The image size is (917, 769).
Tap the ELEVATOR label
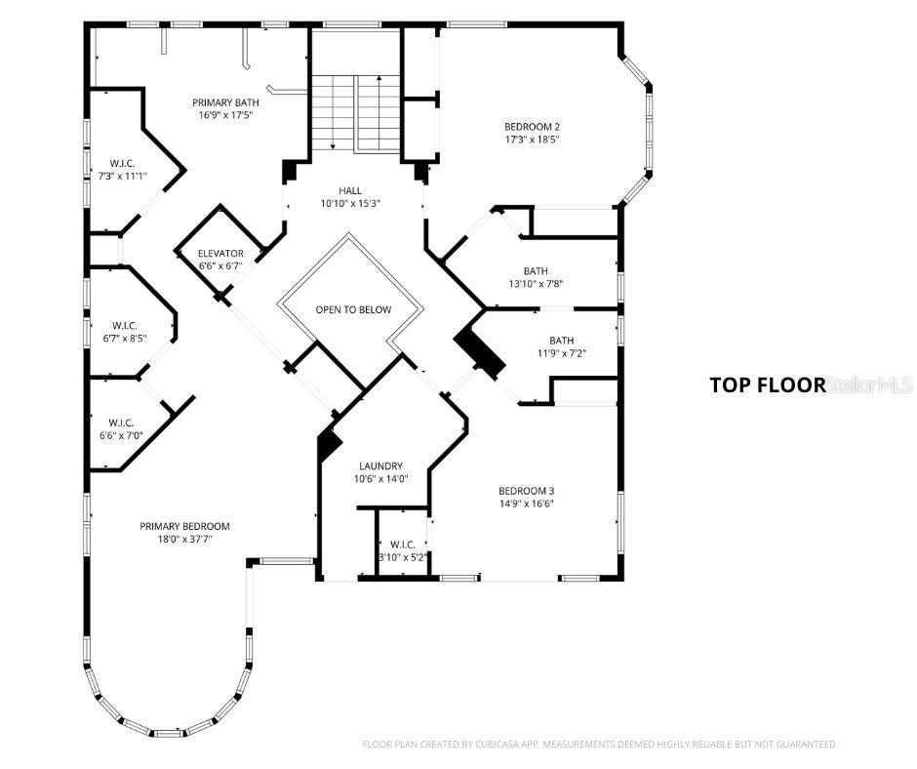point(220,254)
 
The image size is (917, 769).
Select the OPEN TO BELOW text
point(353,309)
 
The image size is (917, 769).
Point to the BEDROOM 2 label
point(532,126)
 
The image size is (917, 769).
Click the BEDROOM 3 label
point(526,491)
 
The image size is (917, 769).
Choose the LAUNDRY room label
point(380,466)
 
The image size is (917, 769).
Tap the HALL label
point(350,190)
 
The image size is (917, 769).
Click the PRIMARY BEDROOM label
point(184,526)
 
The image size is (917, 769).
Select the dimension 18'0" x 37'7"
point(184,539)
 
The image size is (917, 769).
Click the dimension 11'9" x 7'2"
point(561,353)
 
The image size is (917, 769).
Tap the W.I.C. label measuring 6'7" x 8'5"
point(123,325)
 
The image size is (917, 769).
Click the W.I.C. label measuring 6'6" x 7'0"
point(119,423)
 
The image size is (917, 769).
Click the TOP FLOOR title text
point(768,384)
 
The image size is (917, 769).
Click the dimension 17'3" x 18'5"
point(532,140)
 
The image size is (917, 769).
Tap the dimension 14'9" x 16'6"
point(526,504)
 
